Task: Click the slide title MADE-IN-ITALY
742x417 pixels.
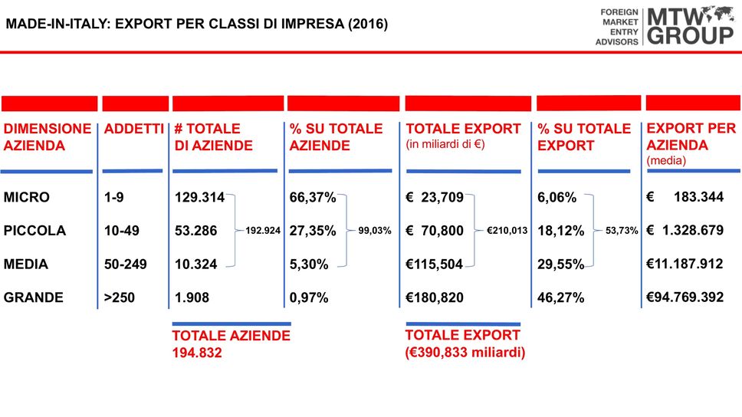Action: pos(196,25)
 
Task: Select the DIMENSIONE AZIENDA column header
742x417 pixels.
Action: pos(47,136)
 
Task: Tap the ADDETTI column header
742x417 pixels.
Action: pos(133,129)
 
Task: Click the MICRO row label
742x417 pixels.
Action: pos(27,197)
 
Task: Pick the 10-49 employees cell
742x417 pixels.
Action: pos(123,231)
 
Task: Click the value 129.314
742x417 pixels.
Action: pos(199,198)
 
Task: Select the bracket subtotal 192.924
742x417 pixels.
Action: pos(262,230)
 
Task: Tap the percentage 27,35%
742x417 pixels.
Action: pos(313,231)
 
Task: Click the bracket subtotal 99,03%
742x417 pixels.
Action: pos(375,230)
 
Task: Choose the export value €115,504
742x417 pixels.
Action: pos(435,264)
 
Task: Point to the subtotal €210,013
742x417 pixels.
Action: pos(507,230)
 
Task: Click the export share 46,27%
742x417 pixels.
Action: pos(560,297)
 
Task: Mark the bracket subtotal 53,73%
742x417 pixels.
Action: pos(622,230)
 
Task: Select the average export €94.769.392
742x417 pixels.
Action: pos(685,297)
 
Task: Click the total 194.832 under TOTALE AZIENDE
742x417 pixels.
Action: pos(197,353)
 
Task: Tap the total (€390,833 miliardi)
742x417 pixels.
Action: pos(465,353)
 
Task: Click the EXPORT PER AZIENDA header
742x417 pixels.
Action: pos(691,136)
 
